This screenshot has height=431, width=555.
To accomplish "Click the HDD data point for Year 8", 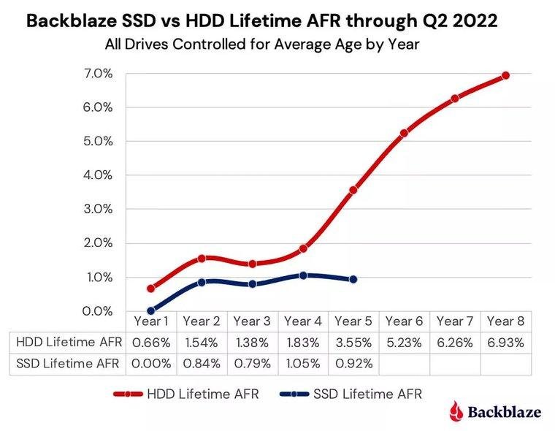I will pos(505,75).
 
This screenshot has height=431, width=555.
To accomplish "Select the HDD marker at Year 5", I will pos(353,190).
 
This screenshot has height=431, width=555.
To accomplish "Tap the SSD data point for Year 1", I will pos(151,310).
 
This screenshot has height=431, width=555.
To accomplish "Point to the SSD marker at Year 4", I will pos(303,275).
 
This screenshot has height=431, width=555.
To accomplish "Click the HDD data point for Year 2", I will pos(202,258).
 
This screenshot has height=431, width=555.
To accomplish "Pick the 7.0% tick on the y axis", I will pos(96,73).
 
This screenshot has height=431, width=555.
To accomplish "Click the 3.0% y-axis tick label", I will pos(96,209).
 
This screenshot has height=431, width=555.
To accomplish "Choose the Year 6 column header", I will pos(404,321).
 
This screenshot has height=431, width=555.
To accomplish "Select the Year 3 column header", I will pos(252,321).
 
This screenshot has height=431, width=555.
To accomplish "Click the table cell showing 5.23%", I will pos(404,342).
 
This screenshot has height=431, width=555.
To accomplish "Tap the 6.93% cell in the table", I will pos(505,342).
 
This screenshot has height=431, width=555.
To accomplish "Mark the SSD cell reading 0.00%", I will pos(151,363).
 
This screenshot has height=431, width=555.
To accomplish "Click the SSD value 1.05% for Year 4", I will pos(303,363).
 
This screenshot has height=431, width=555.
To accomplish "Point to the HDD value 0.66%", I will pos(151,342).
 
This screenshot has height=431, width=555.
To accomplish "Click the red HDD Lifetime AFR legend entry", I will pos(187,394).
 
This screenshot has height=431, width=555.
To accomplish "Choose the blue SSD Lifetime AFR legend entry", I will pos(351,394).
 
